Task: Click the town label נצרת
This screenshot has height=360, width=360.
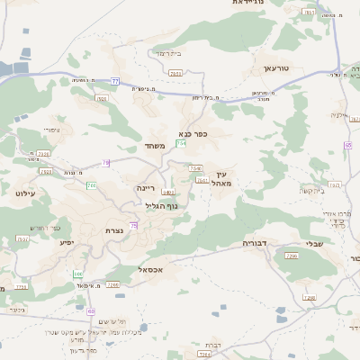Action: tap(114, 230)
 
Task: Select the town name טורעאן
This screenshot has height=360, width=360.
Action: tap(274, 68)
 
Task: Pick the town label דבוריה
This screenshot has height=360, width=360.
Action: tap(256, 243)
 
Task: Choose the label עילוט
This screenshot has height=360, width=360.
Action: tap(24, 192)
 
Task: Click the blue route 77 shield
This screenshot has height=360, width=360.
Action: tap(115, 81)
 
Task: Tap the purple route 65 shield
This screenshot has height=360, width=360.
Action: tap(347, 145)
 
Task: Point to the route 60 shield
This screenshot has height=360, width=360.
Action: tap(91, 310)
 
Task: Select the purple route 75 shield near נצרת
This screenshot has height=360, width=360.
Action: tap(134, 226)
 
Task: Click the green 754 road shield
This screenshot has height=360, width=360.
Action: tap(181, 142)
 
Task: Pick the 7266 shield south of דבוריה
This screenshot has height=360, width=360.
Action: tap(291, 256)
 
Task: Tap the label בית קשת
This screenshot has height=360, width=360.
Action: tap(312, 191)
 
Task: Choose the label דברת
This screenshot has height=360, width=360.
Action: tap(213, 344)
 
